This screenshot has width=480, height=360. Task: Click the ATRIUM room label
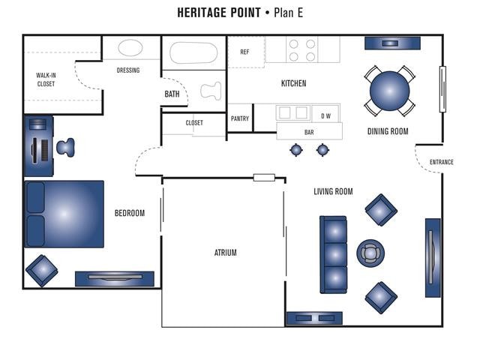click(225, 253)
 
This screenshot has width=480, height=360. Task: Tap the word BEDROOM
click(129, 213)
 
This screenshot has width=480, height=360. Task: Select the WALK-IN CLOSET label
click(46, 79)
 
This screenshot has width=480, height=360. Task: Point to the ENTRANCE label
click(441, 162)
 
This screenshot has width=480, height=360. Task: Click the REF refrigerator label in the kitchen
click(244, 52)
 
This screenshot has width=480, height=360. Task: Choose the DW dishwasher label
click(325, 116)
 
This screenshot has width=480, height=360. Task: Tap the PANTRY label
click(240, 118)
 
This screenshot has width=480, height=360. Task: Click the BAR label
click(309, 133)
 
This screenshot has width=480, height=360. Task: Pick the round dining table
click(389, 91)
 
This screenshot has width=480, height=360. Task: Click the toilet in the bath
click(210, 90)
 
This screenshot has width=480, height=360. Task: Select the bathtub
click(193, 52)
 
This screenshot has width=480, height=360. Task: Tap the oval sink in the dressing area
click(130, 48)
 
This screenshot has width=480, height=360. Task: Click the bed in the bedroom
click(65, 214)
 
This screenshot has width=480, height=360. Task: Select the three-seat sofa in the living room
click(334, 254)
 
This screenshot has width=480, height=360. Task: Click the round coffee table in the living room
click(370, 253)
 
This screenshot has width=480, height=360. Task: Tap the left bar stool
click(296, 150)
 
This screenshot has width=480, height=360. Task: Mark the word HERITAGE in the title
click(208, 13)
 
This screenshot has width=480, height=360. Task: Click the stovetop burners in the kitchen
click(301, 50)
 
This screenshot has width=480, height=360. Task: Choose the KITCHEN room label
click(293, 83)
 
